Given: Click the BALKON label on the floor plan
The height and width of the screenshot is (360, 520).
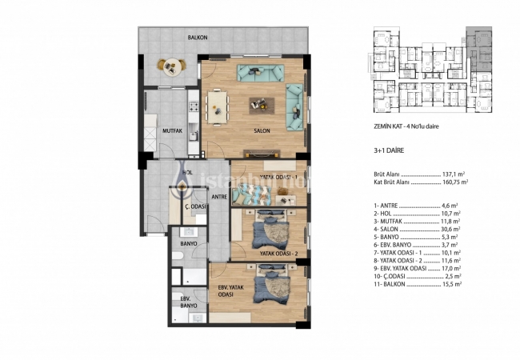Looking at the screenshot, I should tap(198, 37).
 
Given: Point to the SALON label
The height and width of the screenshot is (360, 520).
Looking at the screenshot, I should tap(261, 130).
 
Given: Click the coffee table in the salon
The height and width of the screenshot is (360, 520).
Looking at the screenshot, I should tap(258, 103).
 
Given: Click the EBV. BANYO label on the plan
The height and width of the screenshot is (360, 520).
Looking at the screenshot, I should tap(189, 302).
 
